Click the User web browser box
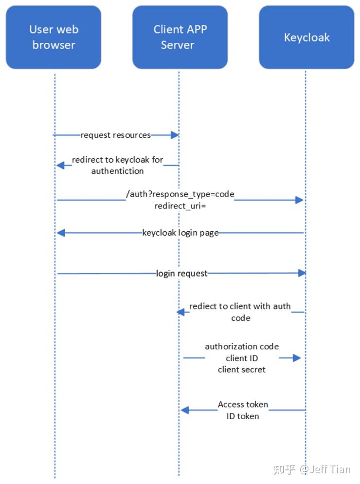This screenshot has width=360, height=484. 54,37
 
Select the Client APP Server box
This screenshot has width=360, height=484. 180,37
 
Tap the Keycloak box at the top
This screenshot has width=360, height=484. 306,37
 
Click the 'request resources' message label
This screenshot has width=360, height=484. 116,135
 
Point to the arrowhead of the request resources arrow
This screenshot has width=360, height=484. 175,135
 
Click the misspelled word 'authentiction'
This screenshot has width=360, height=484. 117,171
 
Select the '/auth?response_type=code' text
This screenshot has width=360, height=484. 180,194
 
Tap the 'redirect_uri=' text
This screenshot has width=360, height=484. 180,206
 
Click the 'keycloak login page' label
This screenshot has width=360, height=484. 180,233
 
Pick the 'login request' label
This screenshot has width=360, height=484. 181,273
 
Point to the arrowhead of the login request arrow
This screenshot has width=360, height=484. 302,273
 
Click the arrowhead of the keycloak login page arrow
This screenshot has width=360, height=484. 60,233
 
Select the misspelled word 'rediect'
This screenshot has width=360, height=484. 203,306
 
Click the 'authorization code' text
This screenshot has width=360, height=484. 242,346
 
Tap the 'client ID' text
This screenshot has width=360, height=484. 242,358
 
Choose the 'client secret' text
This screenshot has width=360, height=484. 242,370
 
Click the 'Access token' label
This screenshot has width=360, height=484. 243,404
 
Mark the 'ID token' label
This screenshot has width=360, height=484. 243,416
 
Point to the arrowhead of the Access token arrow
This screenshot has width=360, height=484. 184,410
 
